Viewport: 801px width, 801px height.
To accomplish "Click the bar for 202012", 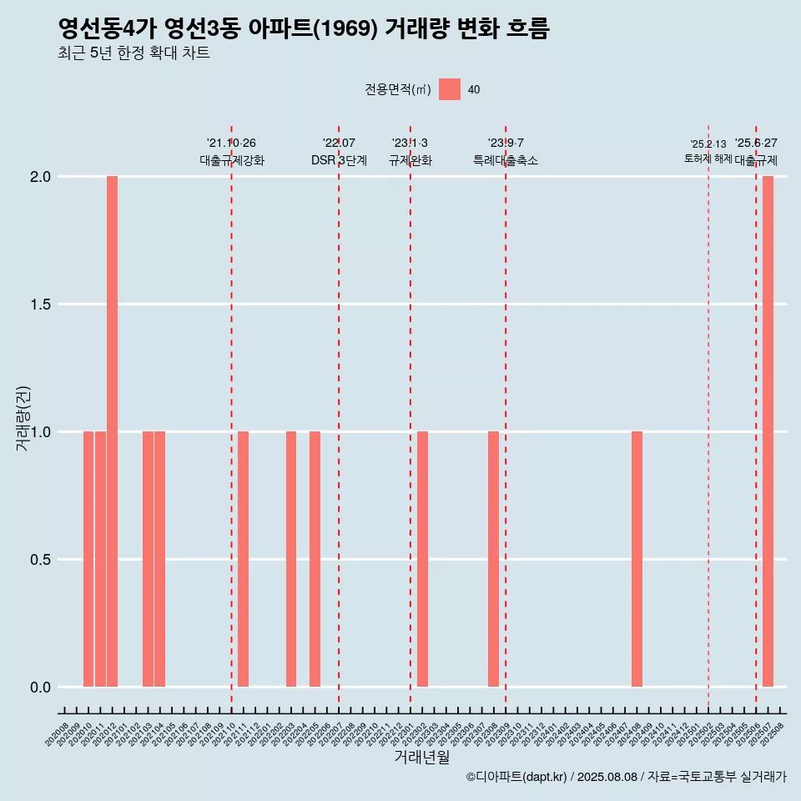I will [x=112, y=431].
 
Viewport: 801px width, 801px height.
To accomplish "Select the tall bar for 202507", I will [x=768, y=431].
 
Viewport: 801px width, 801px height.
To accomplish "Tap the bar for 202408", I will [x=637, y=559].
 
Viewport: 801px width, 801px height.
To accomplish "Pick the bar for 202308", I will [x=493, y=559].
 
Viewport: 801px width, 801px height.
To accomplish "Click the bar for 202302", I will [x=422, y=559].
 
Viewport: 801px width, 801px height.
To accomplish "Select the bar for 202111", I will [x=243, y=559].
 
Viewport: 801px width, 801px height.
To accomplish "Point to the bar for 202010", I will [x=88, y=559].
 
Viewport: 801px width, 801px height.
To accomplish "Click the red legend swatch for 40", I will [x=450, y=89].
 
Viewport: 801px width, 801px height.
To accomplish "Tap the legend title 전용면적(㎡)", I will [x=398, y=90].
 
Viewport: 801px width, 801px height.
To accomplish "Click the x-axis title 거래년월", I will [x=421, y=758].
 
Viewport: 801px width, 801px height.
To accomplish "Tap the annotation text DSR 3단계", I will [x=339, y=160].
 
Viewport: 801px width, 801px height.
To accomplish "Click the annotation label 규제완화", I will [x=410, y=160].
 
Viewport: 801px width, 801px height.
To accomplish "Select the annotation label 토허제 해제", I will [x=708, y=159].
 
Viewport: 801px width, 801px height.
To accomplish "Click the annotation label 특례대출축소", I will [x=505, y=160].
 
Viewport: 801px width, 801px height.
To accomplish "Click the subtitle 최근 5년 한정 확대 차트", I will [x=133, y=53].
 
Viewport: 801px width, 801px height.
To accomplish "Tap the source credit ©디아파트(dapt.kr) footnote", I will [x=626, y=777].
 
